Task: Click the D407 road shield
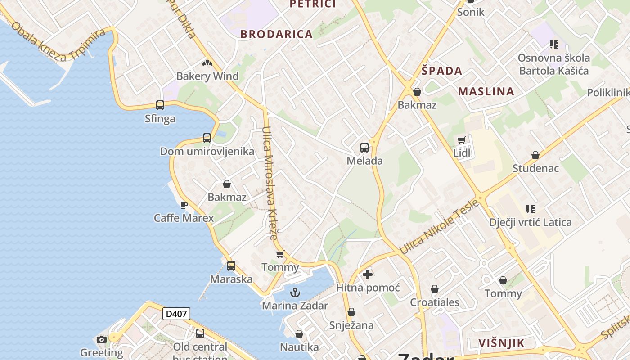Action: tap(176, 314)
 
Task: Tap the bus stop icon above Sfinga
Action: tap(160, 105)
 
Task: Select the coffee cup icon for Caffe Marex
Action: tap(184, 205)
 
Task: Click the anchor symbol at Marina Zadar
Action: tap(295, 293)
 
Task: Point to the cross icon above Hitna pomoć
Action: tap(368, 274)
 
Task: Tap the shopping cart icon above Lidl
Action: tap(461, 140)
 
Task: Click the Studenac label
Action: tap(535, 169)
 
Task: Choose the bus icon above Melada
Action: tap(364, 147)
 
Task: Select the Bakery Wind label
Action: tap(207, 76)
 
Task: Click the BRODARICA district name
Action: tap(276, 34)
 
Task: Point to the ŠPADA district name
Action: tap(442, 71)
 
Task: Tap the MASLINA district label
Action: tap(486, 92)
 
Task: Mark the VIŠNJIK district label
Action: tap(501, 343)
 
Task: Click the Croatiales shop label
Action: tap(435, 302)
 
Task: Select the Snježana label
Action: tap(351, 325)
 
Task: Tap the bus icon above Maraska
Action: tap(231, 266)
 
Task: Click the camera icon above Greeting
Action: tap(102, 339)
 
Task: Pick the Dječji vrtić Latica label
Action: tap(531, 222)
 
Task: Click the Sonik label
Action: tap(471, 12)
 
